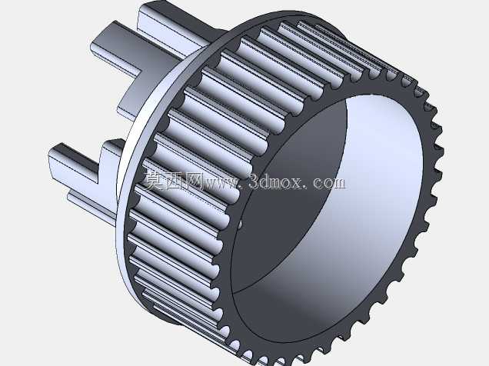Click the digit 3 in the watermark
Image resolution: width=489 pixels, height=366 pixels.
click(256, 181)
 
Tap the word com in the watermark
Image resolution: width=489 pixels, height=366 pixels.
click(329, 182)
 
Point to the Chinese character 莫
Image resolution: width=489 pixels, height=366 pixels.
click(153, 181)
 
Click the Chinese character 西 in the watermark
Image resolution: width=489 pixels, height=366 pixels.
click(172, 181)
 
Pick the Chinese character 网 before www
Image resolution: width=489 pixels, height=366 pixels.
click(192, 181)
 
